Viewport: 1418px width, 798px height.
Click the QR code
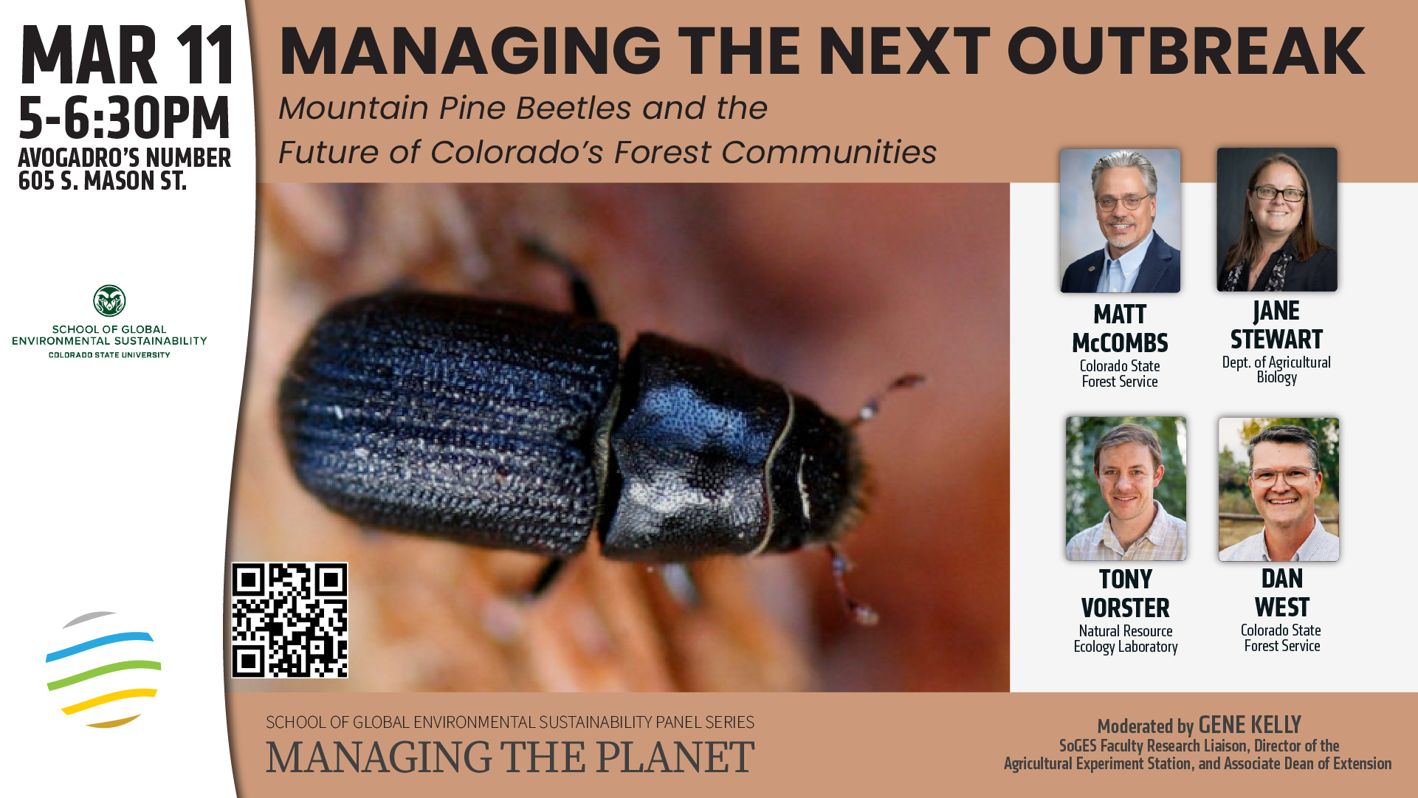tap(289, 620)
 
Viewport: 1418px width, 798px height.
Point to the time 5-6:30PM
tap(124, 118)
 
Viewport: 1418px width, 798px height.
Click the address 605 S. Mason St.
tap(103, 181)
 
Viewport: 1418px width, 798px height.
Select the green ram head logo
tap(109, 301)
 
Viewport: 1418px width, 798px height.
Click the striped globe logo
tap(103, 670)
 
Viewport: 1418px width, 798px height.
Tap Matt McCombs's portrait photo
tap(1120, 221)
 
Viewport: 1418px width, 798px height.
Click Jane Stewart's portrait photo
tap(1277, 219)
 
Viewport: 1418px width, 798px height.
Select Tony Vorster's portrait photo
tap(1126, 488)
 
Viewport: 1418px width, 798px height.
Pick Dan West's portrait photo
tap(1278, 489)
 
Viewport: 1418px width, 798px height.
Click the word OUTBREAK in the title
tap(1186, 51)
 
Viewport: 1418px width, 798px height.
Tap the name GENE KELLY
tap(1250, 725)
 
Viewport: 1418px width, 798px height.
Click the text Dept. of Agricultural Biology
tap(1276, 370)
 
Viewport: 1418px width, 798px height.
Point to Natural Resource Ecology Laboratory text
tap(1126, 639)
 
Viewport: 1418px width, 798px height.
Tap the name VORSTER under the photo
tap(1126, 608)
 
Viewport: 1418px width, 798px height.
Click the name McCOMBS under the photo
tap(1120, 343)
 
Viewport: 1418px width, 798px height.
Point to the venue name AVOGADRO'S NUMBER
tap(125, 158)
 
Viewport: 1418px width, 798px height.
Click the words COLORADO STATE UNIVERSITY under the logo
tap(109, 355)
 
